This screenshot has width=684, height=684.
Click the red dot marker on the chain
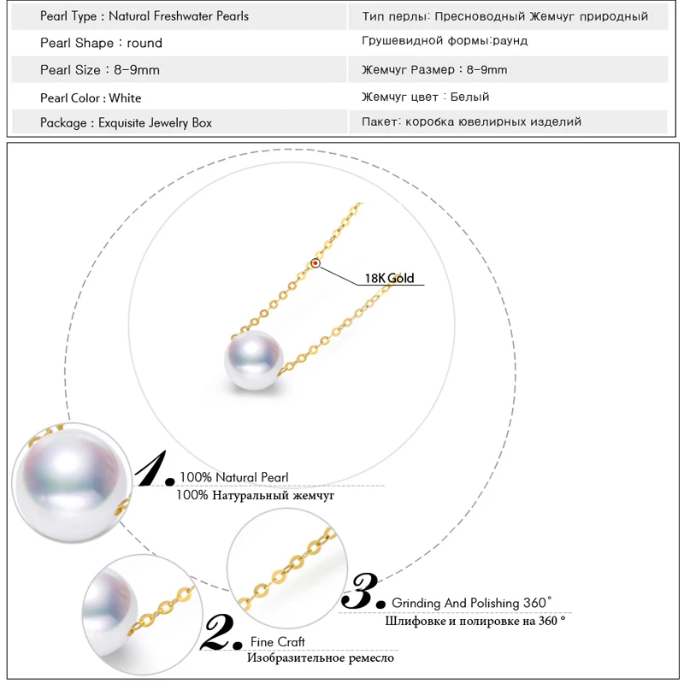316,265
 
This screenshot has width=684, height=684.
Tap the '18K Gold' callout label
389,279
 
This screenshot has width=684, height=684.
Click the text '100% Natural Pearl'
233,477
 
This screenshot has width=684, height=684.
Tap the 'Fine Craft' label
277,641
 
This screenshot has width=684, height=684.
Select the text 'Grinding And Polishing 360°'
472,603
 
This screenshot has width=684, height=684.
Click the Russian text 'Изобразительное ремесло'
321,657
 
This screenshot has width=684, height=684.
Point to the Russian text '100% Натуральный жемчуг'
255,495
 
